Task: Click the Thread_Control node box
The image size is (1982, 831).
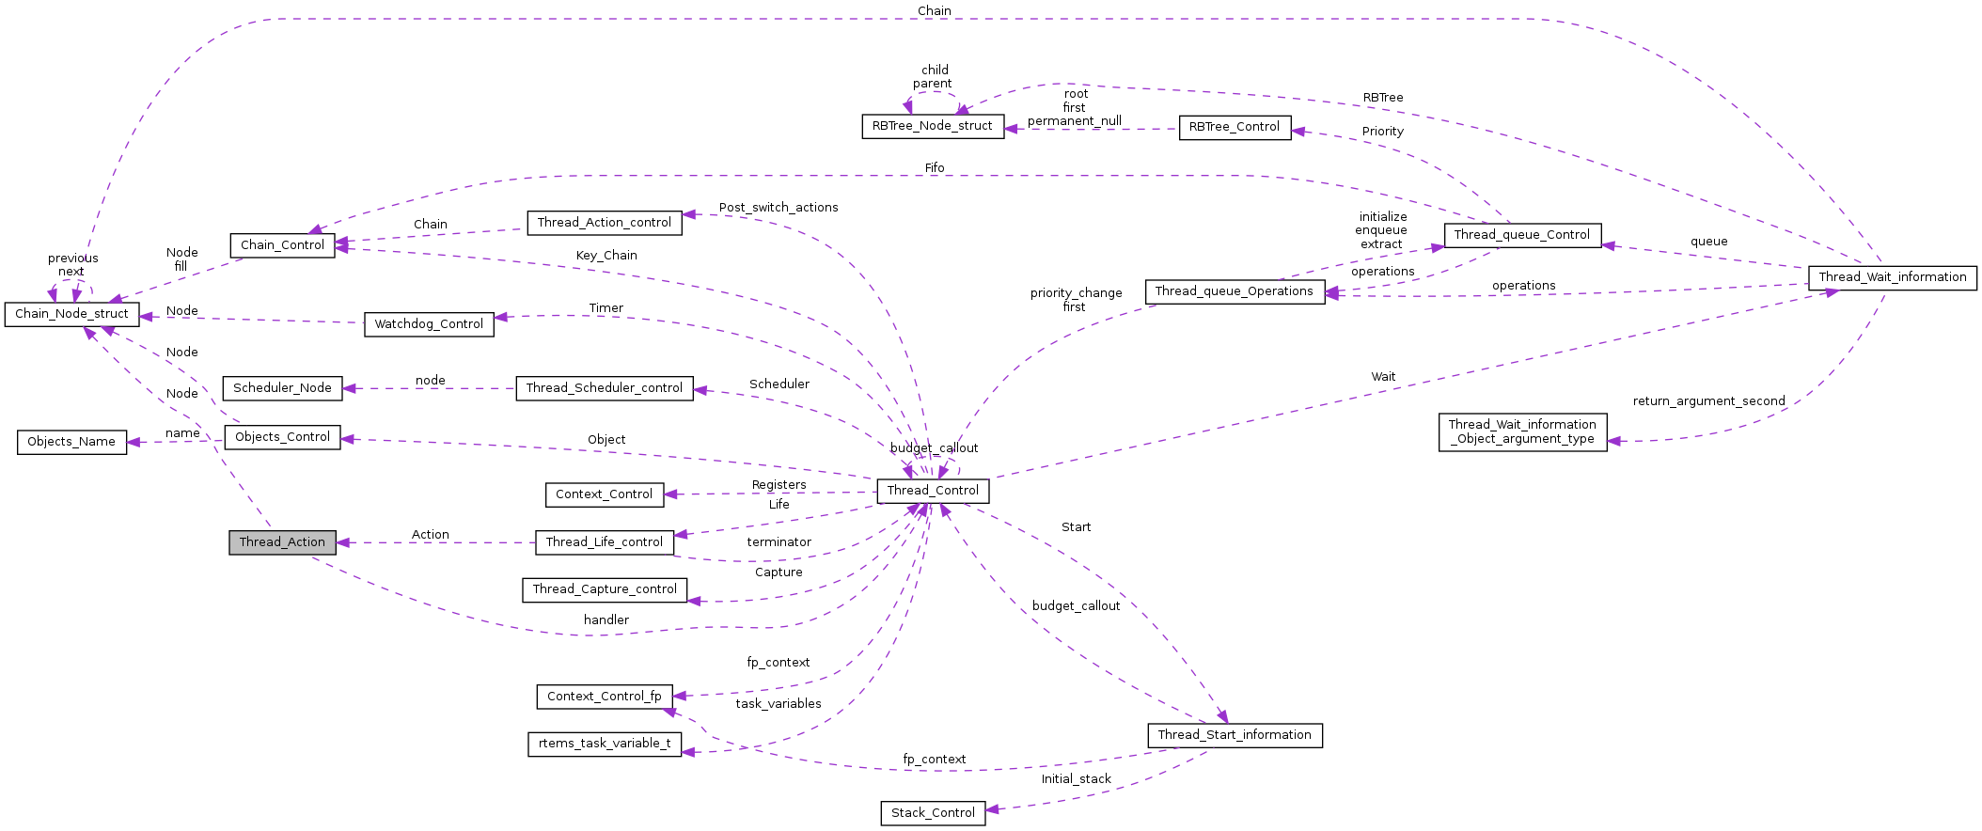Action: tap(933, 491)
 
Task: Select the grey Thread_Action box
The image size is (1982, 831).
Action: tap(282, 542)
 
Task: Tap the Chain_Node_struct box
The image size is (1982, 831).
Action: tap(71, 314)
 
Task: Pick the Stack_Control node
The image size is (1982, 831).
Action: tap(933, 813)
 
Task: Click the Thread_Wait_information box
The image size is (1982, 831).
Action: tap(1892, 277)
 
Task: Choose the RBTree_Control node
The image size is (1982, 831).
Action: tap(1234, 127)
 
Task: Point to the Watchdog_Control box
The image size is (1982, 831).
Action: tap(429, 324)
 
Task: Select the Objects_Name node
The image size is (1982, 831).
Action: tap(71, 442)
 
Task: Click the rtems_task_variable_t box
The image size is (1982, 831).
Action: tap(605, 744)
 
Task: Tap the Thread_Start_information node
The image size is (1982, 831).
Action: tap(1234, 735)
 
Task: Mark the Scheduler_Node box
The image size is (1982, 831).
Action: tap(282, 388)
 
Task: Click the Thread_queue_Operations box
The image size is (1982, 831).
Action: tap(1234, 291)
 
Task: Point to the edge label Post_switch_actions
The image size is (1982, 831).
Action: tap(779, 208)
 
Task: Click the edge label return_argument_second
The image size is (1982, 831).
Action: tap(1708, 401)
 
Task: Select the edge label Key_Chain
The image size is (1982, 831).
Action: tap(606, 256)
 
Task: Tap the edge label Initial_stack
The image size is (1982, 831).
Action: tap(1076, 779)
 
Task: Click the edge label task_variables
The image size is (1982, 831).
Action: tap(779, 704)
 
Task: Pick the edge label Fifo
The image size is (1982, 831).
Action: tap(934, 168)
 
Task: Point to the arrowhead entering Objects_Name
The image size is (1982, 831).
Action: tap(134, 442)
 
